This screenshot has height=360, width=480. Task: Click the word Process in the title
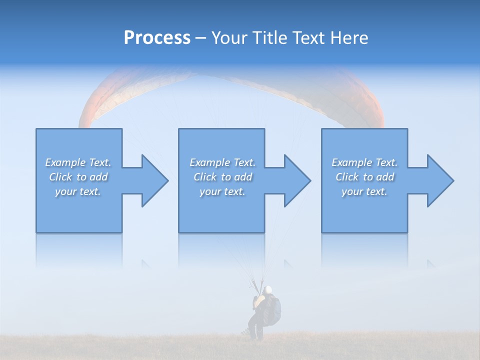coord(157,38)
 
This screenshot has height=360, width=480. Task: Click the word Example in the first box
coord(65,162)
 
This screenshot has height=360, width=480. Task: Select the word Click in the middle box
coord(205,177)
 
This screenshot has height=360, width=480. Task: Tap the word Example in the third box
coord(352,162)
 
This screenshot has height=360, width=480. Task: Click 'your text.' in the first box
coord(78,191)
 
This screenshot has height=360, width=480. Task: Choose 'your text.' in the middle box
coord(222,191)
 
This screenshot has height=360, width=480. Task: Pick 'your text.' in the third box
coord(364,191)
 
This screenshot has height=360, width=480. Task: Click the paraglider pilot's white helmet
coord(268,289)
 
